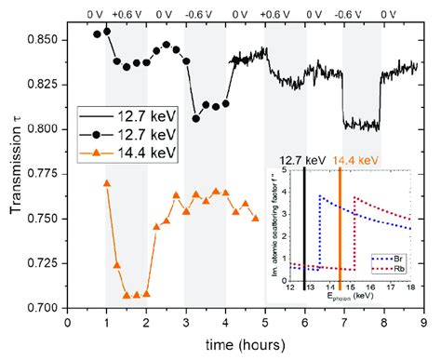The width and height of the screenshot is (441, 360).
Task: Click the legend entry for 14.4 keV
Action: pyautogui.click(x=121, y=152)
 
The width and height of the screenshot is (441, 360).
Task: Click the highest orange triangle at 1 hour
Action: pyautogui.click(x=107, y=183)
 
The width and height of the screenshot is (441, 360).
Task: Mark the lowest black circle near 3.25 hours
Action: pyautogui.click(x=196, y=118)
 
